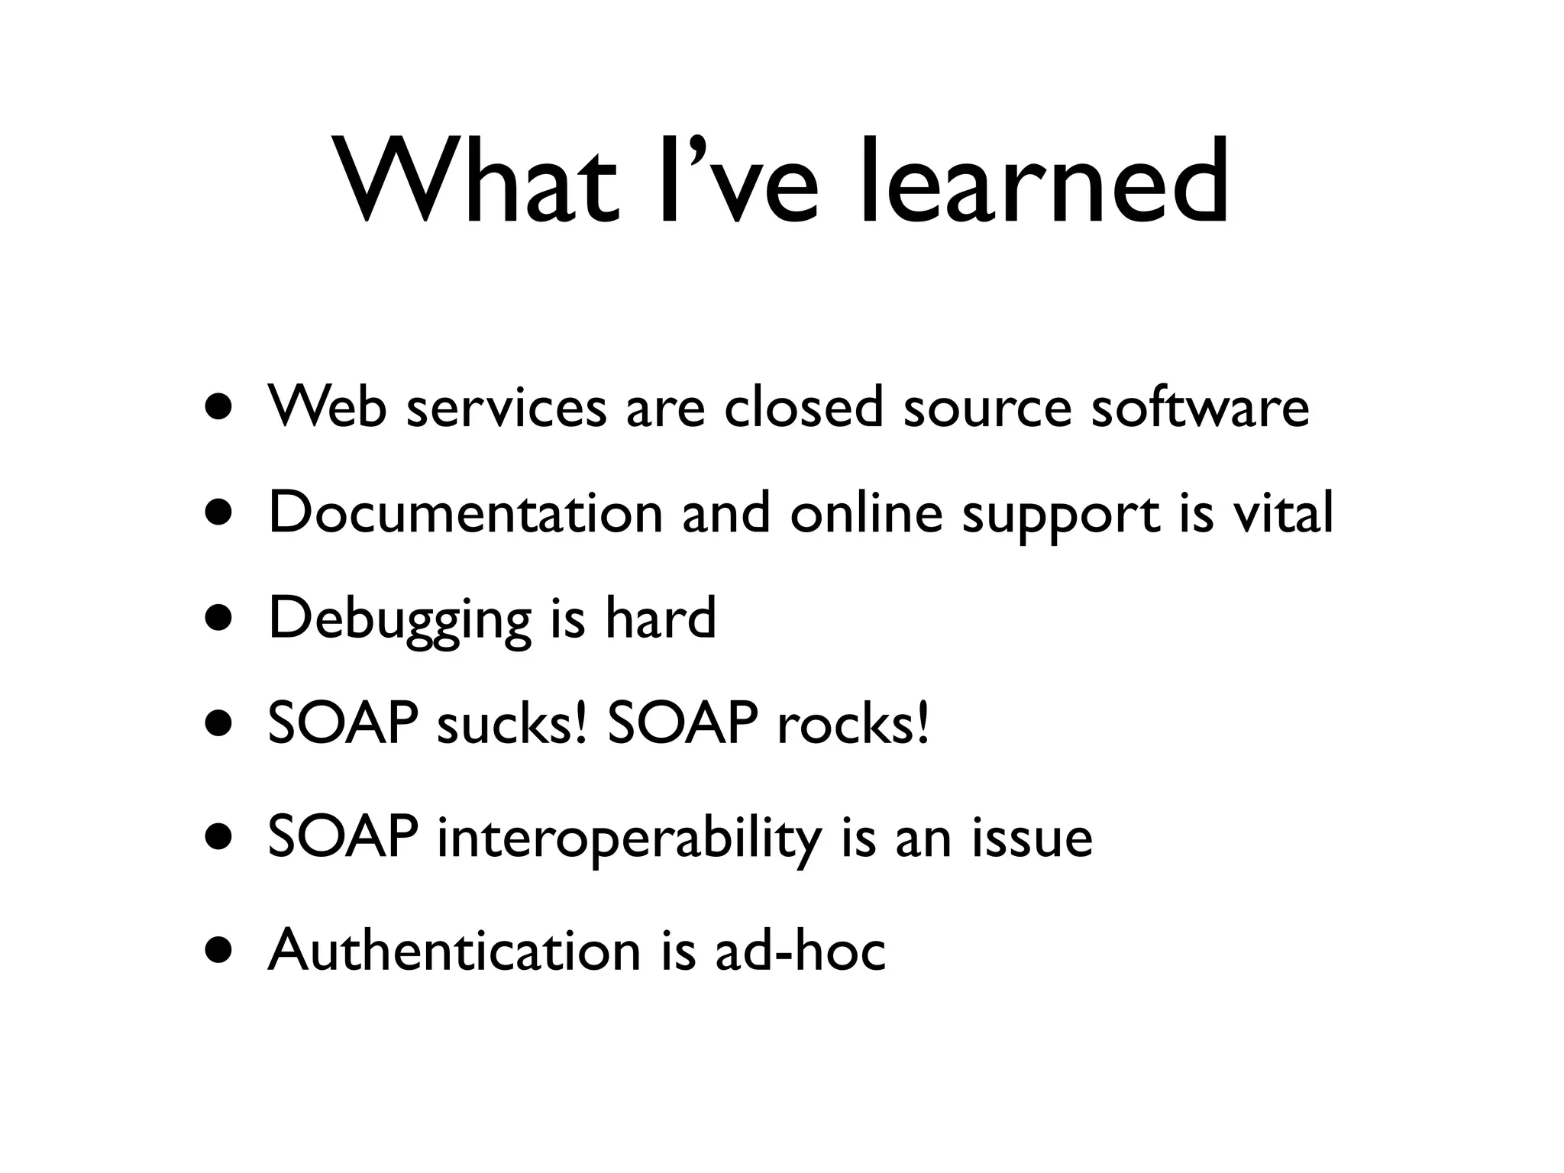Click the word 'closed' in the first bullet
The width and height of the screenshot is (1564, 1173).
point(804,407)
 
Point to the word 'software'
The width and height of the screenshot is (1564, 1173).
point(1200,407)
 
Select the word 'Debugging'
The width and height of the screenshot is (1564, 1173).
point(399,619)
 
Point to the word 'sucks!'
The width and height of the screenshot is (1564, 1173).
point(512,723)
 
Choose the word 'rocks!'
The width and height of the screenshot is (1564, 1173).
point(854,723)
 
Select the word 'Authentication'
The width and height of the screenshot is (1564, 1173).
point(454,950)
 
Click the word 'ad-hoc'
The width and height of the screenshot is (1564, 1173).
point(800,950)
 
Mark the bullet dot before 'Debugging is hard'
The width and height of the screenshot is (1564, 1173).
point(220,619)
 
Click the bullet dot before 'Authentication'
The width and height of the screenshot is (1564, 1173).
point(220,952)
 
